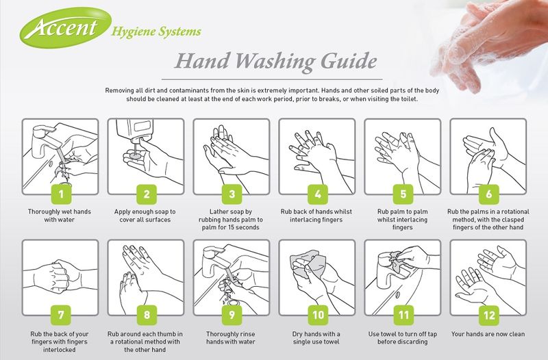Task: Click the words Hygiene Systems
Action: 155,31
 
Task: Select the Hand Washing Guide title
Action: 274,63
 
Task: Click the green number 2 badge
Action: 146,195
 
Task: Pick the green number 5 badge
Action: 403,195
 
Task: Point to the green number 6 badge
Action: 488,195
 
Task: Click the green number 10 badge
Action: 317,316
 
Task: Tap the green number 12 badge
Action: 488,316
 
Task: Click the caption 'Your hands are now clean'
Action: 488,335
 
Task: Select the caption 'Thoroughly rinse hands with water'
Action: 232,339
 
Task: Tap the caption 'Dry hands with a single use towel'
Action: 317,339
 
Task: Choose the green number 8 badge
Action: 146,316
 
